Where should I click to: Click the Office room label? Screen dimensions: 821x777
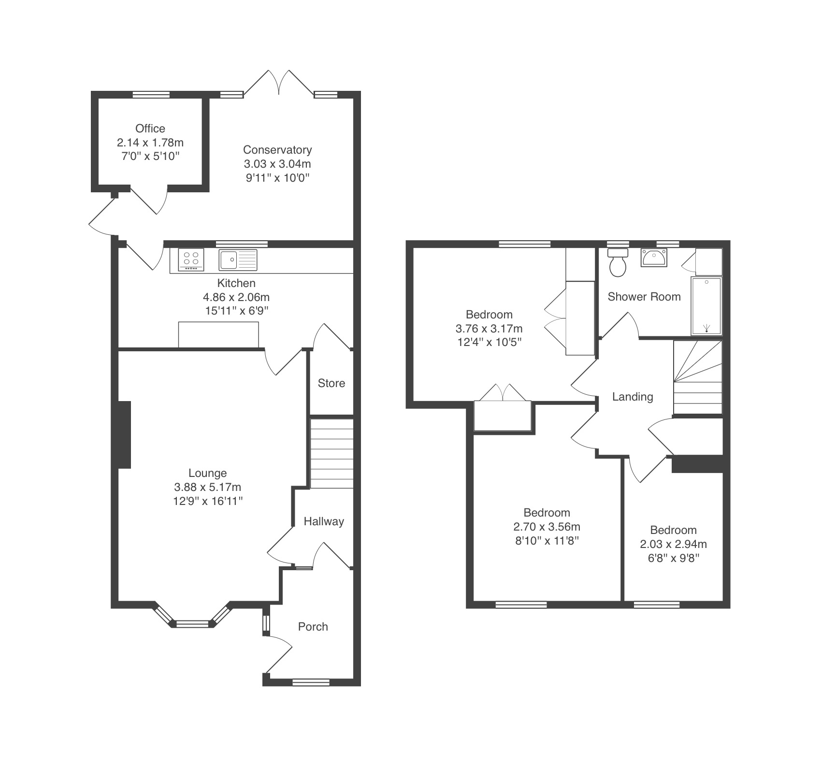(x=150, y=129)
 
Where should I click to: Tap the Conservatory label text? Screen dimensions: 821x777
(x=277, y=150)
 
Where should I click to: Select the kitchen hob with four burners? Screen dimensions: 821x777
(x=192, y=260)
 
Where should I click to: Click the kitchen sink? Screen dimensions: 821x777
(x=238, y=260)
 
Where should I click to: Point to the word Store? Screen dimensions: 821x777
(x=331, y=383)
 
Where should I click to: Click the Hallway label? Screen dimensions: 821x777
(x=324, y=521)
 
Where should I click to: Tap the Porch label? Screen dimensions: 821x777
(x=313, y=627)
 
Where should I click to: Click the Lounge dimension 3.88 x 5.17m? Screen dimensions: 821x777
(x=208, y=487)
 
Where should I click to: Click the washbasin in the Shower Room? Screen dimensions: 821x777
(x=654, y=258)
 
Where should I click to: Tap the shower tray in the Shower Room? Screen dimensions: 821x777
(x=706, y=306)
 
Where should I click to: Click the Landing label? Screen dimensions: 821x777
(x=633, y=397)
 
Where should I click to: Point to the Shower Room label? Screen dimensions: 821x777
(x=644, y=297)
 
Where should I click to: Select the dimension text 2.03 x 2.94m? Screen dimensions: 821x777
(x=674, y=544)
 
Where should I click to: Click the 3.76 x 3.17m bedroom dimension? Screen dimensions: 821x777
(x=489, y=329)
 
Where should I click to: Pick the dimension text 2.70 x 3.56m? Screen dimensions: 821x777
(x=547, y=527)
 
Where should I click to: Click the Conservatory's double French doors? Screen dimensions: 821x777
(x=279, y=83)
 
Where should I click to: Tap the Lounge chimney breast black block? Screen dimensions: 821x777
(x=124, y=434)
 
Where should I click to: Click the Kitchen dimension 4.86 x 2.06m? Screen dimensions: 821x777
(x=236, y=297)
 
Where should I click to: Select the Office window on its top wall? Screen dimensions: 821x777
(x=151, y=94)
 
